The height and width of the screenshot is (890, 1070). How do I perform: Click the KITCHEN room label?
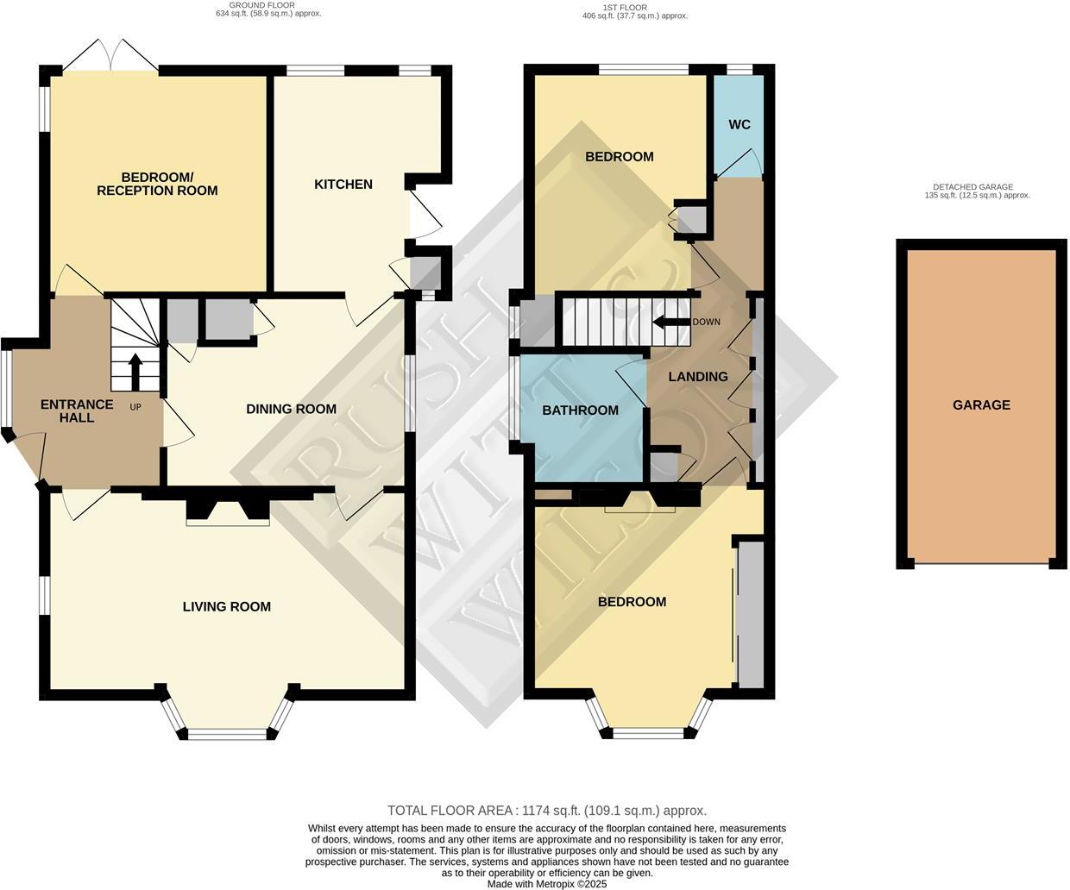coord(343,184)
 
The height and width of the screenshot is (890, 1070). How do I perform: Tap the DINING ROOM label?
coord(291,409)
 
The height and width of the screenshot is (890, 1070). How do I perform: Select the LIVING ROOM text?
coord(226,606)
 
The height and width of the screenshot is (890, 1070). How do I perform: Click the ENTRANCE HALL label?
coord(77,411)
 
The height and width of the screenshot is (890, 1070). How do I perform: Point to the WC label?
coord(739,124)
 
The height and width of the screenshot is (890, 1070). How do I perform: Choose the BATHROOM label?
coord(580,410)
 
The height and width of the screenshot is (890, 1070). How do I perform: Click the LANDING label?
coord(697,376)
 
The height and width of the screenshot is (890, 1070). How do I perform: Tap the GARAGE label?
coord(981,404)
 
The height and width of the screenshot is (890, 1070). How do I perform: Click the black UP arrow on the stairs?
coord(135,371)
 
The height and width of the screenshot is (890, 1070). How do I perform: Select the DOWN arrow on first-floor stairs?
coord(669,323)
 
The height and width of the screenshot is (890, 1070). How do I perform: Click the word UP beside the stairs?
coord(135,407)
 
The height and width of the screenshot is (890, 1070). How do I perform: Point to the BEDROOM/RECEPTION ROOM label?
coord(157,184)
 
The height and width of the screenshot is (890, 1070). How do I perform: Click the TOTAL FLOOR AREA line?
coord(547,810)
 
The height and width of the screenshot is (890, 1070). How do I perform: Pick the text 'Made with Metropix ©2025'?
coord(547,884)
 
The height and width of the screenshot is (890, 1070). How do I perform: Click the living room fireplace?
coord(229,509)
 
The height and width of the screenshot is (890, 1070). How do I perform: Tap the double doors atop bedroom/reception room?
coord(110,54)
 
